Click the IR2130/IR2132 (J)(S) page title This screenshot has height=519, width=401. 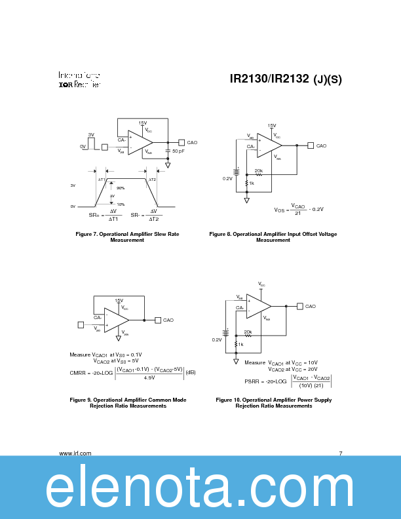coord(286,79)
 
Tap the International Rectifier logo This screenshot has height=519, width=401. coord(79,79)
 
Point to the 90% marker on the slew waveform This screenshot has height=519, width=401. coord(121,188)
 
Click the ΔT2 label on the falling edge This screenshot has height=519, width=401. coord(152,179)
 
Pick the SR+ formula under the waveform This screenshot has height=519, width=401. coord(105,215)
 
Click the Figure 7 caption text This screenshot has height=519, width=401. coord(127,237)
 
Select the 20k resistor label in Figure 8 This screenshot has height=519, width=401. coord(258,170)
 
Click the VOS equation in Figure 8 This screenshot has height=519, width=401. coord(299,209)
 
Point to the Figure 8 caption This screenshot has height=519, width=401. coord(273,237)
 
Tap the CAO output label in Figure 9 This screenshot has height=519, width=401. coord(168,320)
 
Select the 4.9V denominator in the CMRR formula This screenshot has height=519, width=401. coord(149,377)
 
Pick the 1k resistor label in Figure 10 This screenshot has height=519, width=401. coord(240,344)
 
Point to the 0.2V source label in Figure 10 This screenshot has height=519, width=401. coord(217,339)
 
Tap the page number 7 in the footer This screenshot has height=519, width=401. coord(341,453)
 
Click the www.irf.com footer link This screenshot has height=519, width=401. coord(75,453)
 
